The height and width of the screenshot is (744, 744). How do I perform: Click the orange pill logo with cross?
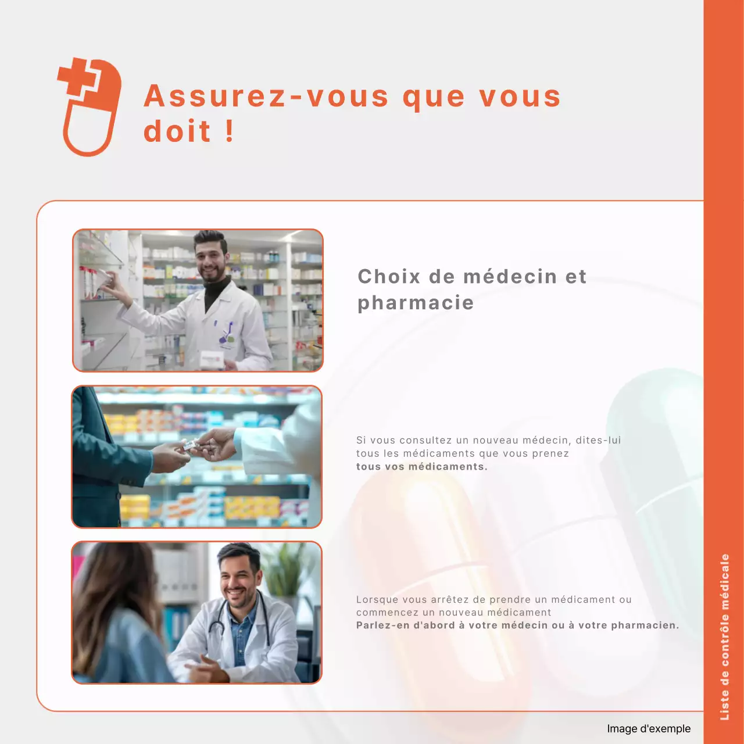point(90,107)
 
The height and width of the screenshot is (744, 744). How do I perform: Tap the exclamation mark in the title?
point(230,131)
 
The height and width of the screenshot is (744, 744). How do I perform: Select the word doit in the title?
point(177,131)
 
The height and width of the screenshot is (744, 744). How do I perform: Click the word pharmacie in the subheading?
point(416,303)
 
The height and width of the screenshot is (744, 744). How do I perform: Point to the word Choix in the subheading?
point(388,277)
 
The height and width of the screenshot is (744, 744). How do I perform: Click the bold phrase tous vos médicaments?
point(421,467)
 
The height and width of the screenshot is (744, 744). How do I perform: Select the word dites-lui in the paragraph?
point(598,441)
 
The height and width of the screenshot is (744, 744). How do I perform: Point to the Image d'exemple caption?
point(649,729)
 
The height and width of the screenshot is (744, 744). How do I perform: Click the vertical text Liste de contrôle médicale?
point(725,636)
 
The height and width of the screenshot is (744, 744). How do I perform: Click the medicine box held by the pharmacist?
point(211,360)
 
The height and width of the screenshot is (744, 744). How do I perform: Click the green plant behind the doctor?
point(283,567)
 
